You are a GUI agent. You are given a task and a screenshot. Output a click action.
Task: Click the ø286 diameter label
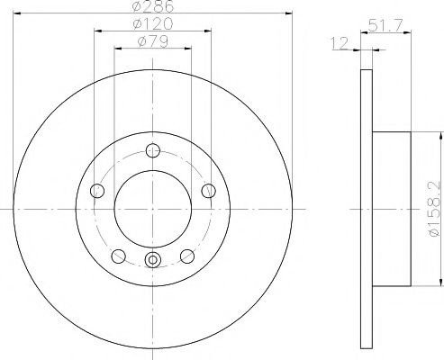coord(153,6)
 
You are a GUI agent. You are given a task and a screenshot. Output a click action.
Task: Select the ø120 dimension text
coord(153,23)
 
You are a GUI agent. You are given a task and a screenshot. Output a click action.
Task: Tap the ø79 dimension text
coord(153,41)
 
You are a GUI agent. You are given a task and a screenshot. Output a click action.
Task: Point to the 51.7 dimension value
coord(385,25)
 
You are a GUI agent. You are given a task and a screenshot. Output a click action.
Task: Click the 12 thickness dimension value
coord(340,43)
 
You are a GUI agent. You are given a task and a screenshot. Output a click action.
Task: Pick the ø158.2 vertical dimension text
coord(434,209)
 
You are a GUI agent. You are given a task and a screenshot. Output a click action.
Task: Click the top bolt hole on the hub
coord(153,150)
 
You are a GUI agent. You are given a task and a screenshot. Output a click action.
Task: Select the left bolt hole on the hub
coord(97,191)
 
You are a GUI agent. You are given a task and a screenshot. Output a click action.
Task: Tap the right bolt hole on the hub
coord(209,191)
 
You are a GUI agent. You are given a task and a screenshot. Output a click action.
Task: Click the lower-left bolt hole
coord(118,256)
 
